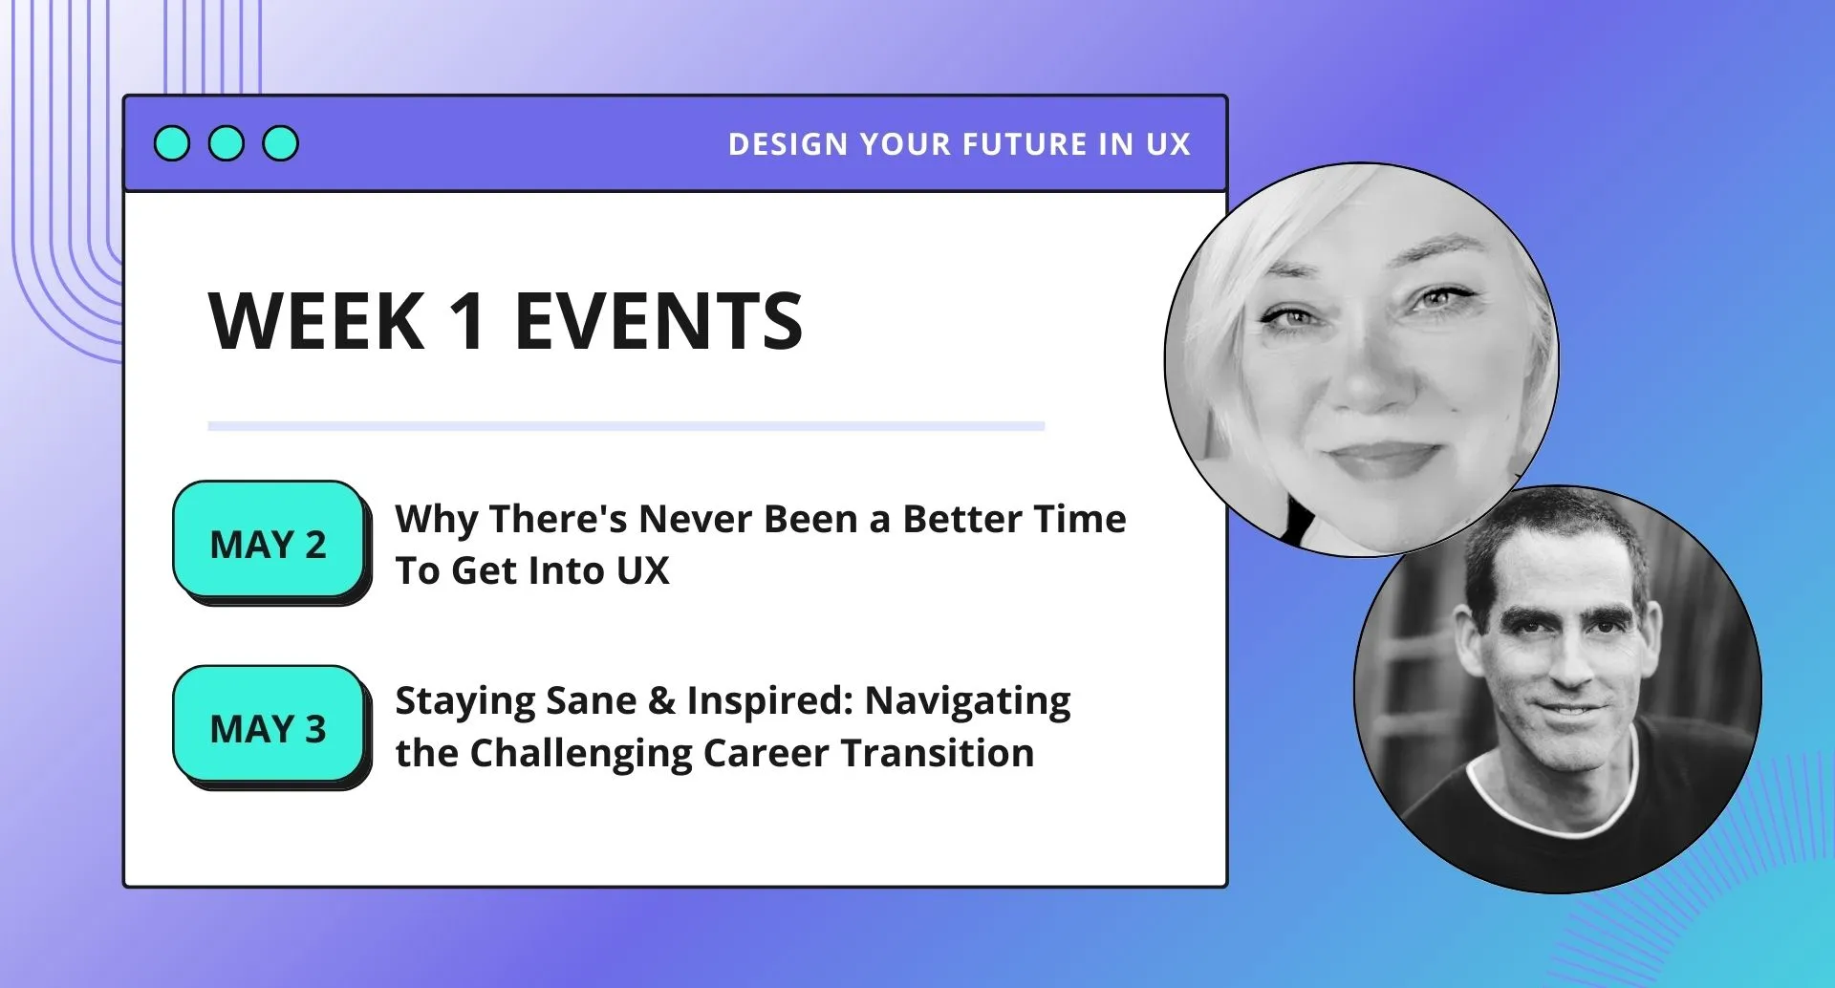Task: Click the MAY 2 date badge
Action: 269,541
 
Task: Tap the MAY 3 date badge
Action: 269,726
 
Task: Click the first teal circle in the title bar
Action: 172,143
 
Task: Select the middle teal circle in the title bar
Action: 227,143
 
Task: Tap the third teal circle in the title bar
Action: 281,143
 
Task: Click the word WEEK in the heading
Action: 316,321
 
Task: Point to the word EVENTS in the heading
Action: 658,321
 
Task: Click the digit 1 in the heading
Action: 468,321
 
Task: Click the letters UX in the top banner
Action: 1168,144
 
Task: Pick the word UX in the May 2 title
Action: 642,570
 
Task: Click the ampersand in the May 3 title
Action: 661,700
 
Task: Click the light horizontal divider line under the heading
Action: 626,426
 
